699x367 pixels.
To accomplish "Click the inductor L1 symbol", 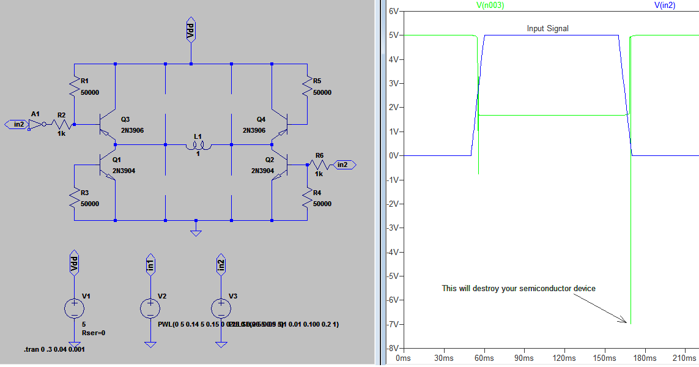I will (199, 146).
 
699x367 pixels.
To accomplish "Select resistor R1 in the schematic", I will (74, 86).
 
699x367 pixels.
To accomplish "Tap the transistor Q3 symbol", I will (108, 125).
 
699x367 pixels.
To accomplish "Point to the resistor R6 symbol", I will (319, 164).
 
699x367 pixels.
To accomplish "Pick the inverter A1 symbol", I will (37, 125).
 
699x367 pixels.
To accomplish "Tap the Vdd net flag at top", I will (191, 31).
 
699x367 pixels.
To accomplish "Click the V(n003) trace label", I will (490, 5).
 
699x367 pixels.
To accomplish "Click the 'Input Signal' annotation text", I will (547, 29).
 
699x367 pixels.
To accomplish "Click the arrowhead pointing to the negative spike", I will (623, 321).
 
